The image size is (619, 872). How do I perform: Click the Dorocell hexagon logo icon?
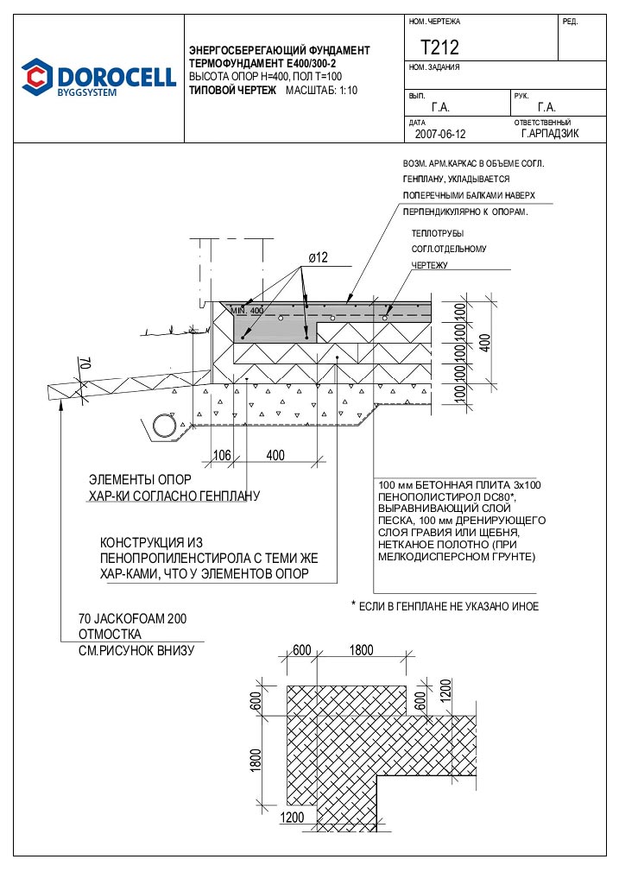pos(37,76)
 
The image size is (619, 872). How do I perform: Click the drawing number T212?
pos(440,47)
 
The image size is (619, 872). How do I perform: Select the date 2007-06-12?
pos(440,134)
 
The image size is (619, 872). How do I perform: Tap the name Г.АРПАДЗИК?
pos(550,134)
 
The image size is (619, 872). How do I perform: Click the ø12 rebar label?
pos(318,257)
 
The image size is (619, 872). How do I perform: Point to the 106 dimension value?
pos(222,456)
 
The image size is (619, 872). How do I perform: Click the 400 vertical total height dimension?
pos(485,343)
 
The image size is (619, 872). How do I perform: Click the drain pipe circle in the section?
pos(163,426)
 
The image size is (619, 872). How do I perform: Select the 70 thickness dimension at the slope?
pos(85,364)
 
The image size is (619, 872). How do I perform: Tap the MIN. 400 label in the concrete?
pos(248,310)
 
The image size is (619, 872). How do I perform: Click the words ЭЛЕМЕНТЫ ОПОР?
pos(140,479)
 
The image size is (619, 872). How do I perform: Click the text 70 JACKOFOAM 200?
pos(133,618)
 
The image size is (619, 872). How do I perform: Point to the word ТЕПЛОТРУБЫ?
pos(438,234)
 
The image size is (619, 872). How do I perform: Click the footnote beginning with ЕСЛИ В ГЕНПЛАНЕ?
pos(445,606)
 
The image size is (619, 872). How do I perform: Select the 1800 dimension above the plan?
pos(362,650)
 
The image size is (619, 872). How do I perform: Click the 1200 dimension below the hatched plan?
pos(292,817)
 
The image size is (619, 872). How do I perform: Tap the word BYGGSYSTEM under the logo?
pos(87,92)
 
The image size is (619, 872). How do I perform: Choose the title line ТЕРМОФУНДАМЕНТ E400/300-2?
pos(262,63)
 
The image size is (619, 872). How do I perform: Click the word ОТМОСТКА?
pos(111,634)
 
